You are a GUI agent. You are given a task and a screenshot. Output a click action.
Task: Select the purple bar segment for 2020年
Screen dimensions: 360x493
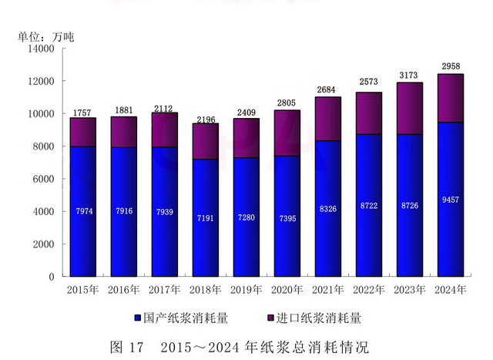tap(287, 133)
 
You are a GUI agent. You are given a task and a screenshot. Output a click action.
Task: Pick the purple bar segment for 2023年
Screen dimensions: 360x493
tap(409, 109)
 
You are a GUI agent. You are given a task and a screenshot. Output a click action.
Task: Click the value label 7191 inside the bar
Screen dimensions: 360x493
tap(205, 218)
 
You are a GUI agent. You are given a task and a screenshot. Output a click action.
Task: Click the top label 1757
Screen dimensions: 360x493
tap(82, 113)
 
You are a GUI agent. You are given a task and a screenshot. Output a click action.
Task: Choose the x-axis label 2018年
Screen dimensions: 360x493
tap(205, 290)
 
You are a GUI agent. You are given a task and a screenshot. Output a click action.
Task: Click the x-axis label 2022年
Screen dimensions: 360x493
tap(369, 290)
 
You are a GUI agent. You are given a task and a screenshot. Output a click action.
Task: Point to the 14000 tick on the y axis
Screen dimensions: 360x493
tap(41, 49)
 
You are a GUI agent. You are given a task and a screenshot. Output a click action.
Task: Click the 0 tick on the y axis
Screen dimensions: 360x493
tap(51, 277)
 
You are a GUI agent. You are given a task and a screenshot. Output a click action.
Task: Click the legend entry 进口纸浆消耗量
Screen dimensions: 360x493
tap(314, 318)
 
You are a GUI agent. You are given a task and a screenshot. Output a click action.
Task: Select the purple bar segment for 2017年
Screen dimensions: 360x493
tap(164, 130)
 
